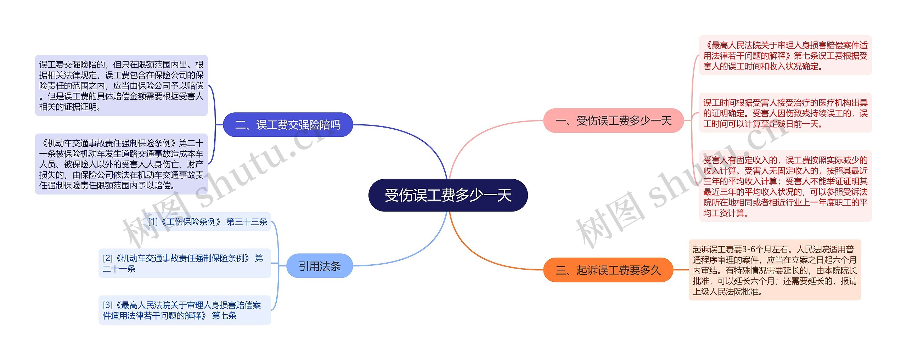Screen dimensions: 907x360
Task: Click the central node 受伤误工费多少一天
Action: tap(448, 195)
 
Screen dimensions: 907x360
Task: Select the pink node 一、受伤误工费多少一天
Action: tap(613, 121)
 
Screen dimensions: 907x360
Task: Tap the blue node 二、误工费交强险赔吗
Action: tap(288, 125)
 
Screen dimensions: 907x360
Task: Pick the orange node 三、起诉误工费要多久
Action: tap(608, 270)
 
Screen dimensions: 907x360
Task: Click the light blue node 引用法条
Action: tap(319, 266)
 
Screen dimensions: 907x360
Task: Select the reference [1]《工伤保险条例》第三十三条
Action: tap(208, 222)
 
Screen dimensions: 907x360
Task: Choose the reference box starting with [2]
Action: tap(184, 263)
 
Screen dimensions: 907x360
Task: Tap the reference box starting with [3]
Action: tap(184, 310)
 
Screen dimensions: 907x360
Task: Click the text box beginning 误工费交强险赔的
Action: tap(121, 85)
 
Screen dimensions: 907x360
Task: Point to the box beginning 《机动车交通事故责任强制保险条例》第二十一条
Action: tap(121, 164)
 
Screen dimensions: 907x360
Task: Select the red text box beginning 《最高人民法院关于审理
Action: tap(785, 56)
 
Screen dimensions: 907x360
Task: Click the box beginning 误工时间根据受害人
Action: tap(785, 113)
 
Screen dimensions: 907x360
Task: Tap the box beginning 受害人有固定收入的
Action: tap(785, 186)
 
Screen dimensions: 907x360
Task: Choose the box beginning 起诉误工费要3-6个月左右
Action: tap(774, 270)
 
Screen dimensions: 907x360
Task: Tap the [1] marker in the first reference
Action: tap(153, 222)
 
